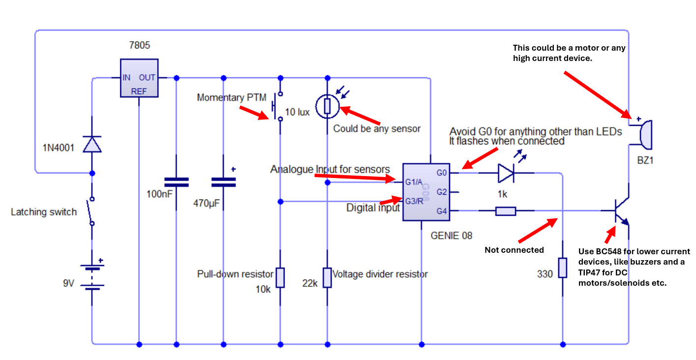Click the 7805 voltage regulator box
[139, 78]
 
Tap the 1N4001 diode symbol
[92, 144]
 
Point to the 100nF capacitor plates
[176, 182]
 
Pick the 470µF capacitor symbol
[223, 182]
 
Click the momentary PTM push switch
[277, 106]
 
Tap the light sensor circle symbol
[327, 106]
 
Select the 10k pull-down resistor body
[280, 277]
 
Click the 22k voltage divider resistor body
[327, 277]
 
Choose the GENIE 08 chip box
[426, 192]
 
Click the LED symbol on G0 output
[506, 173]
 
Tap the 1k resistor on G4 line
[505, 211]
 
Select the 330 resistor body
[562, 268]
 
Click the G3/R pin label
[414, 201]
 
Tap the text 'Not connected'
[514, 250]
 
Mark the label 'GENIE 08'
[451, 236]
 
